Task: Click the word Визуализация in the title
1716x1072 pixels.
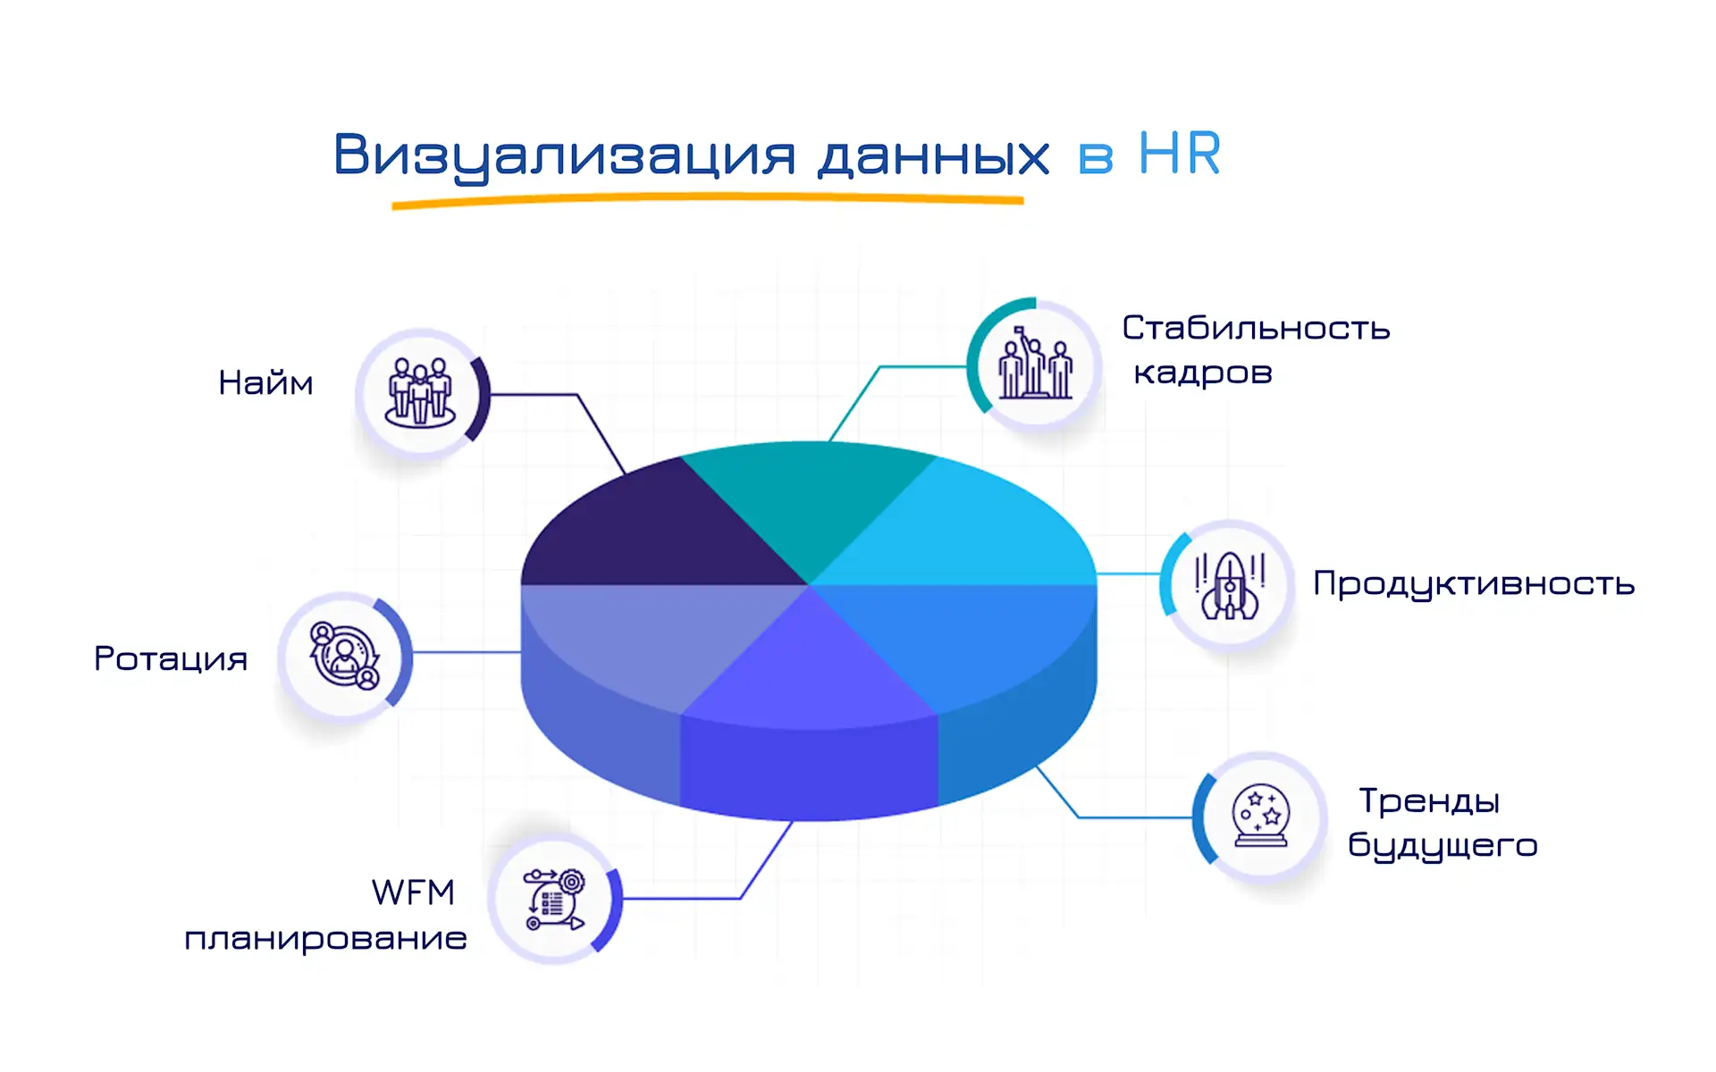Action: click(x=564, y=155)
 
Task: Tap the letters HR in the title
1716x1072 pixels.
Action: click(x=1179, y=154)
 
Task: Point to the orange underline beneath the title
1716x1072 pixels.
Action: click(x=706, y=201)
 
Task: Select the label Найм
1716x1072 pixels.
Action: click(x=265, y=383)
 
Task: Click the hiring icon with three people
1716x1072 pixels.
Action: click(x=420, y=393)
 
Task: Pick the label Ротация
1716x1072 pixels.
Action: click(x=171, y=659)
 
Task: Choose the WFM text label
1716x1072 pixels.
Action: click(x=413, y=892)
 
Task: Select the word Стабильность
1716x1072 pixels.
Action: click(x=1256, y=328)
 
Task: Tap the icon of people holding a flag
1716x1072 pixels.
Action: click(x=1035, y=364)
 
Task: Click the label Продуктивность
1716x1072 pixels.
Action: click(x=1474, y=583)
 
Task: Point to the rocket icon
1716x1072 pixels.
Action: click(x=1230, y=586)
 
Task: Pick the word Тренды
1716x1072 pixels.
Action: click(x=1429, y=800)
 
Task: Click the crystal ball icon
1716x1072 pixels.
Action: click(x=1260, y=816)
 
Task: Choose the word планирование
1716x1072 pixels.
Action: click(x=325, y=939)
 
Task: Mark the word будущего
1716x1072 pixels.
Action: click(x=1443, y=845)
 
